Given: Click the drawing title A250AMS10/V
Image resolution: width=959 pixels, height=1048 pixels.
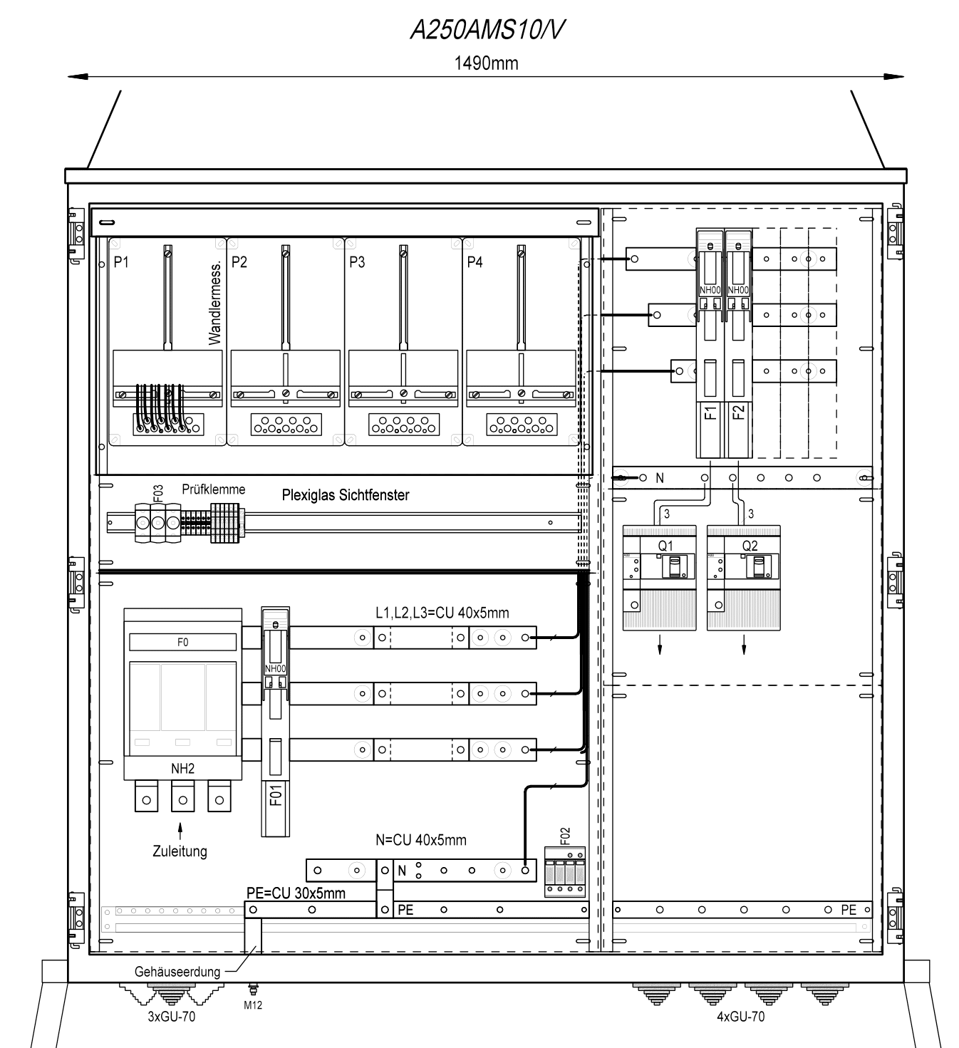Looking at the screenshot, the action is pos(487,30).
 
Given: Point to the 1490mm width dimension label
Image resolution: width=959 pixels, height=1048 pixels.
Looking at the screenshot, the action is pos(486,63).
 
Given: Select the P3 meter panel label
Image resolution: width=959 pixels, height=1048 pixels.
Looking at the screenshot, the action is pos(357,261).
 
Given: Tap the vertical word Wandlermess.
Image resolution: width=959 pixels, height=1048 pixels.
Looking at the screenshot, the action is pos(214,303).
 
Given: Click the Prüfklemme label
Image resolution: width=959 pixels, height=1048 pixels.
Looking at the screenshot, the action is pos(213,489).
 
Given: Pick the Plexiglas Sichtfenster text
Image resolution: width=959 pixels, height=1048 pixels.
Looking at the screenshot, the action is pos(346,494).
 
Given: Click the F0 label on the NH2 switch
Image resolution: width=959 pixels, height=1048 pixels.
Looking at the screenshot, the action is pos(182,642).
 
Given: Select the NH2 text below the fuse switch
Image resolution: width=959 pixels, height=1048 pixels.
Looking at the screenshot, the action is pos(182,769).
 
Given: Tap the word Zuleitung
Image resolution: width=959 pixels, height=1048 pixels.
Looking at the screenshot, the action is pos(180,851).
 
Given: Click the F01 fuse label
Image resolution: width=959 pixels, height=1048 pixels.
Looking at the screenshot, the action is pos(276,794).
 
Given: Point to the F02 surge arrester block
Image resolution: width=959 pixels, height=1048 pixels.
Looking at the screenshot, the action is pos(564,871).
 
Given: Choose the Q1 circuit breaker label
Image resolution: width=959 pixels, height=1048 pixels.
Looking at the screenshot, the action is pos(665,546).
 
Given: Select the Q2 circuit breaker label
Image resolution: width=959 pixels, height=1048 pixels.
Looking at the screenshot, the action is pos(750,546).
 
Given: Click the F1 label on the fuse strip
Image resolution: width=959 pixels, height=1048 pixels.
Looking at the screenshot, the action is pos(710,413).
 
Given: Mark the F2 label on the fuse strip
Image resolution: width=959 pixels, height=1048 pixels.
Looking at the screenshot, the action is pos(738,413).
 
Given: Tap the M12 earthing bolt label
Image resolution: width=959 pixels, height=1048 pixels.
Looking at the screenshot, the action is pos(253,1005).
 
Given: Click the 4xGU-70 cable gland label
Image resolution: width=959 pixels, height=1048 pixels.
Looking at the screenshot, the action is pos(740,1017).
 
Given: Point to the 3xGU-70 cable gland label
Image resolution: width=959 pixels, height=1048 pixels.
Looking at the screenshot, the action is pos(172,1017).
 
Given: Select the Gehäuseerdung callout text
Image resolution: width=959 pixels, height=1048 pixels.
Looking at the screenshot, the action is pos(177,972).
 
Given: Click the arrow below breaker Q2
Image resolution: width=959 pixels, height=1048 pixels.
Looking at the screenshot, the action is pos(744,645).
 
